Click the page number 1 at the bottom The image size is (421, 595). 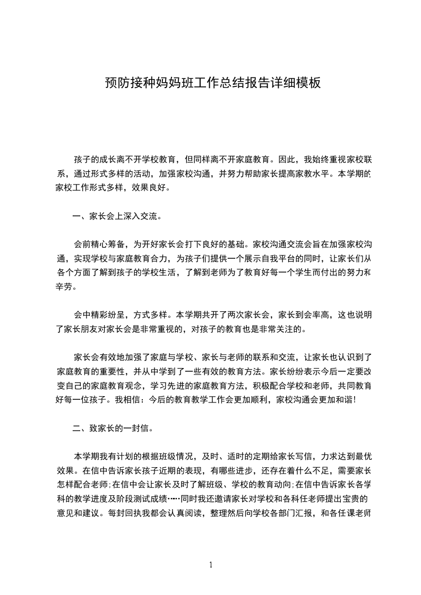point(211,564)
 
